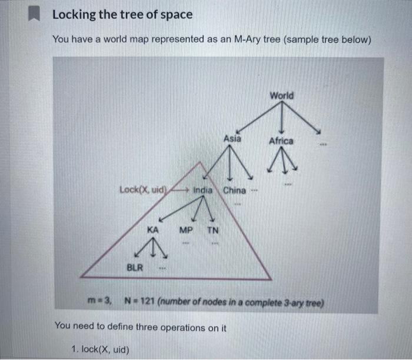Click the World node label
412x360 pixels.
click(282, 95)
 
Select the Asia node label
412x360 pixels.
click(232, 139)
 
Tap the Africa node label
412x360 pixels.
click(281, 141)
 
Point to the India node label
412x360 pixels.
click(203, 190)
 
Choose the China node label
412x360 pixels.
click(234, 190)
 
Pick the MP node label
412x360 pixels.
click(186, 231)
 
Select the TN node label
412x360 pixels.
click(212, 231)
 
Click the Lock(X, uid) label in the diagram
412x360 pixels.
click(144, 190)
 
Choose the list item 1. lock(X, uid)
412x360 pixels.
click(99, 349)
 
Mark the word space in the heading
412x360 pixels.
click(176, 15)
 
